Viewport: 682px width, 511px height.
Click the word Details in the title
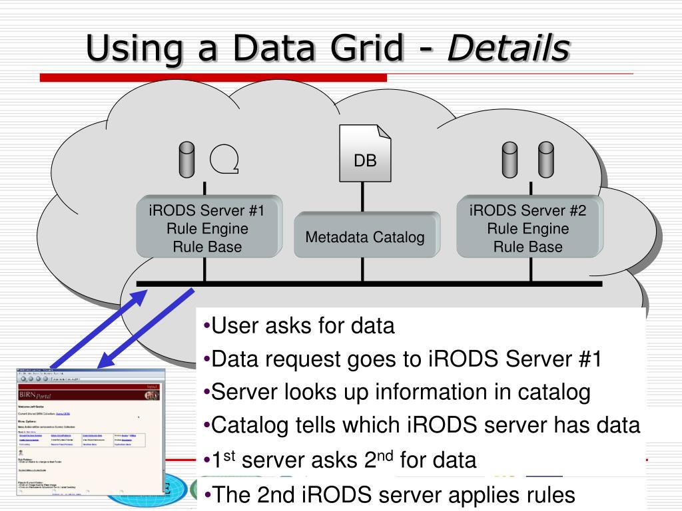coord(509,48)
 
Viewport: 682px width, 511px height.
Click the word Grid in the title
coord(374,48)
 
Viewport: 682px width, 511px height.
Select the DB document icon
coord(365,154)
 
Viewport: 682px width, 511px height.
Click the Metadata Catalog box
coord(365,236)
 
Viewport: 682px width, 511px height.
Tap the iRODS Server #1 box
coord(207,228)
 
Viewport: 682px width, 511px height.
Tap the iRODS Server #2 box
coord(528,228)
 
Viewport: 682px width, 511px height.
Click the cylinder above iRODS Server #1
coord(186,158)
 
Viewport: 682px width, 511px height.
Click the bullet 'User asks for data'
coord(300,326)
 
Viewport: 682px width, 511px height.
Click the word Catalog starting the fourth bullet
coord(248,425)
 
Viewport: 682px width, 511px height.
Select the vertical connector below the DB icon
coord(363,197)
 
